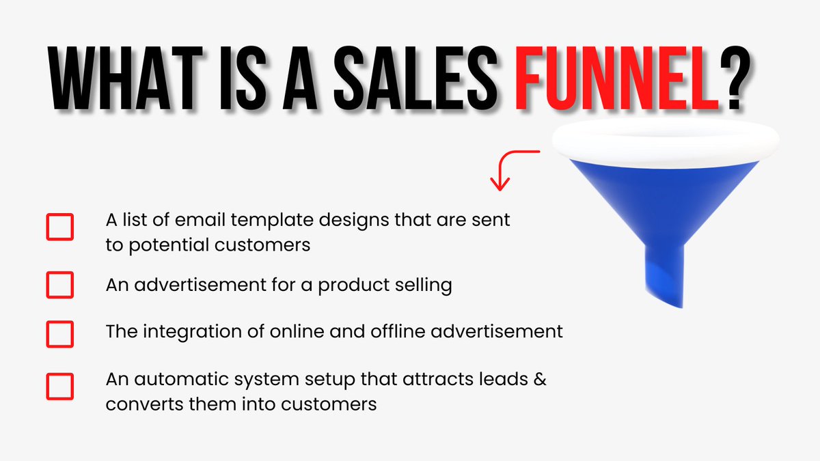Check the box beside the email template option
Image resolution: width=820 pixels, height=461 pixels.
[x=60, y=227]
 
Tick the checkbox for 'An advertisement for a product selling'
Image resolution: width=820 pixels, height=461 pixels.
[x=60, y=285]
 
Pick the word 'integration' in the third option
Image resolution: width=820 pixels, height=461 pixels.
[x=182, y=332]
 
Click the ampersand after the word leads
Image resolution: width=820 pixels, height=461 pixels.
[x=539, y=379]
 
